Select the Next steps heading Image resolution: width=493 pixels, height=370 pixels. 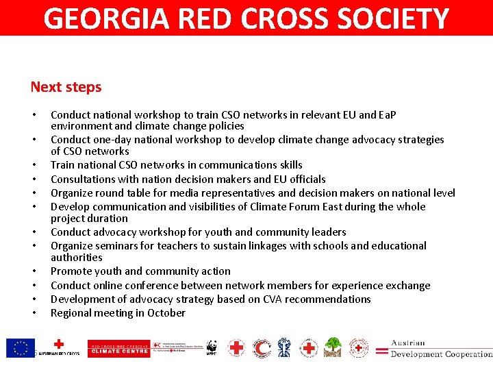(x=66, y=87)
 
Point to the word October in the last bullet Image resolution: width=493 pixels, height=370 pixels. (x=166, y=313)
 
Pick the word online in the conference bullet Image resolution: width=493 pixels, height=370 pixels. (x=112, y=286)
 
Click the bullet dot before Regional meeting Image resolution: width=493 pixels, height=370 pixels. (x=34, y=314)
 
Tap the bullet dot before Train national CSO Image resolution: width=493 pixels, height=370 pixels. (x=34, y=166)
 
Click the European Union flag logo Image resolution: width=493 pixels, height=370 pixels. (x=21, y=348)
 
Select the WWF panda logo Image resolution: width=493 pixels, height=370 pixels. (x=212, y=347)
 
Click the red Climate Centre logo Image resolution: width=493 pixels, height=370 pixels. (x=118, y=349)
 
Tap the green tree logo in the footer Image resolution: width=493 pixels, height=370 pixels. (x=333, y=347)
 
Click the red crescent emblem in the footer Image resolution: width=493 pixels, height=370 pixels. (x=261, y=348)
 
